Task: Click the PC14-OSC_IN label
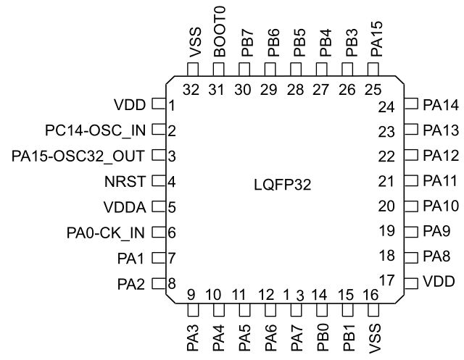95,130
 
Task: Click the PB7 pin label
245,44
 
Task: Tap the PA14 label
441,106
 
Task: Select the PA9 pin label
437,232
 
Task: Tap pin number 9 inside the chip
191,295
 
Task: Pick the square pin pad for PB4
322,69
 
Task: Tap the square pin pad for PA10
410,206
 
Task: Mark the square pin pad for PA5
245,310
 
